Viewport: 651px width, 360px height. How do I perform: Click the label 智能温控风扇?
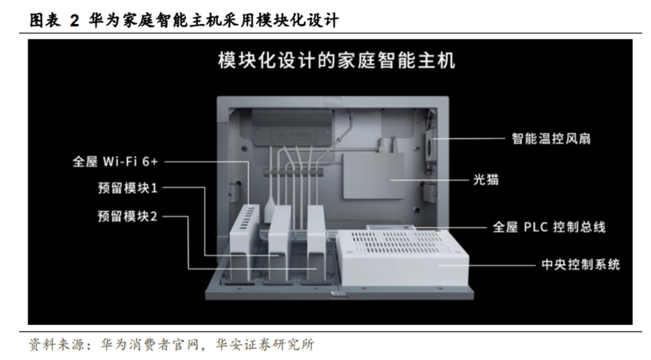(x=551, y=138)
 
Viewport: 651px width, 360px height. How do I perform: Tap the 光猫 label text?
(x=486, y=180)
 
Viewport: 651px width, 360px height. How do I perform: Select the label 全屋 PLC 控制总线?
(x=549, y=227)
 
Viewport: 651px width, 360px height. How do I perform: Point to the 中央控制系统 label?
(x=580, y=265)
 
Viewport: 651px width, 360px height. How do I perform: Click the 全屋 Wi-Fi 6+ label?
(x=115, y=162)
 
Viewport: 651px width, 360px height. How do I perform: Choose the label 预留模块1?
(x=127, y=188)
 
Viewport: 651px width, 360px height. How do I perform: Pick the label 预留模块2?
(x=127, y=216)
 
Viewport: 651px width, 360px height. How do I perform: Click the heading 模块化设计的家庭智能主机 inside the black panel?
(x=337, y=61)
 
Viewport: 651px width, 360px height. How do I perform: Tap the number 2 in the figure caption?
(x=74, y=21)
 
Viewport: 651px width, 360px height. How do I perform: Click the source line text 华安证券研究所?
(x=265, y=345)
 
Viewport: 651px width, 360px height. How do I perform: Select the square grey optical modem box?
(x=373, y=176)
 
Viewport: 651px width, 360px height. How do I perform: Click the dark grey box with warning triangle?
(x=292, y=127)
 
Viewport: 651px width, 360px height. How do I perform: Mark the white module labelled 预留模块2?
(x=316, y=243)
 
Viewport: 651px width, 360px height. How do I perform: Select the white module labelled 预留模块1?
(x=280, y=243)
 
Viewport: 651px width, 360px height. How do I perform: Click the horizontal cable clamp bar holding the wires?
(x=294, y=171)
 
